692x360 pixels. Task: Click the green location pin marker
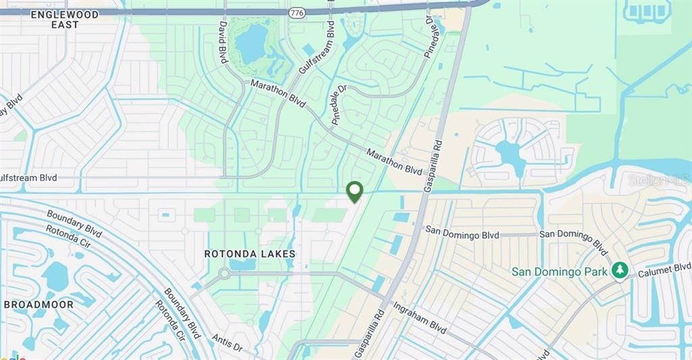354,192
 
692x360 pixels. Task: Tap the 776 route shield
296,13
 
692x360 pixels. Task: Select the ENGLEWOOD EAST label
64,19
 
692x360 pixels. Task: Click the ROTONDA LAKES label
250,254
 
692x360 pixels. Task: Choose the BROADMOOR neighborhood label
39,305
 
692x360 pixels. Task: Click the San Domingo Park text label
559,272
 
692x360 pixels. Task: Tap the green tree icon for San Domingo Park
619,271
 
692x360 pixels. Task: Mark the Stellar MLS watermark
658,180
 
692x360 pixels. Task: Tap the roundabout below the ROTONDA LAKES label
224,274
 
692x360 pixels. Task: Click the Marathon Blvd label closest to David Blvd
278,93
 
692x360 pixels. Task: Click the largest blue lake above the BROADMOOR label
55,276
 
